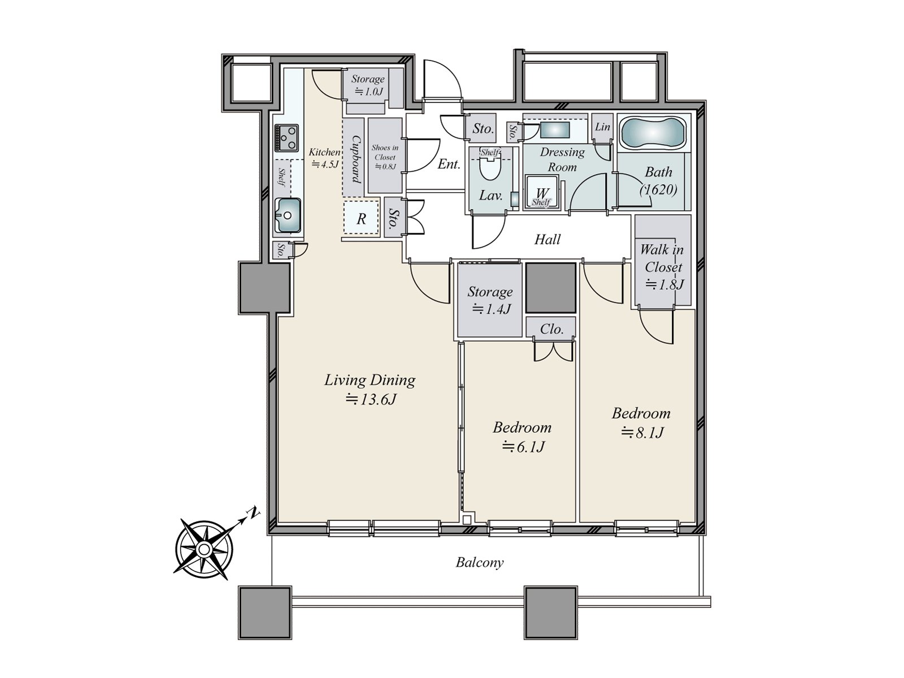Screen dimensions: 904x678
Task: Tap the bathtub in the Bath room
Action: (x=653, y=133)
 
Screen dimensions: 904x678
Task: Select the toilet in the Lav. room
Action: (x=490, y=169)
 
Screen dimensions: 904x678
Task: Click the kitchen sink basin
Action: (x=288, y=215)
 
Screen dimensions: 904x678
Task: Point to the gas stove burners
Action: (x=286, y=138)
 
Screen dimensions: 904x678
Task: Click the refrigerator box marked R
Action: (x=361, y=218)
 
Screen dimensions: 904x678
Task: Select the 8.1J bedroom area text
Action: (x=642, y=433)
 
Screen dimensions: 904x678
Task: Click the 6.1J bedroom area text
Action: (x=523, y=447)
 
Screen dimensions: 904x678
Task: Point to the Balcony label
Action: (x=479, y=563)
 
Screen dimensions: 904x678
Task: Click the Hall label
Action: (x=547, y=239)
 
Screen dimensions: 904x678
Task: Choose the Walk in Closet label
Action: (x=662, y=258)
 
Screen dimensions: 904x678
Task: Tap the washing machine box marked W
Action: (x=542, y=193)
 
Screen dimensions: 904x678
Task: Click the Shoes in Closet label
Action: (x=385, y=153)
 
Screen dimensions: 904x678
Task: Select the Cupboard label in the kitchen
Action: (x=356, y=159)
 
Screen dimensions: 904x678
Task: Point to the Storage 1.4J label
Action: (x=490, y=300)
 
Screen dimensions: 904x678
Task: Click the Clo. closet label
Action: (x=551, y=329)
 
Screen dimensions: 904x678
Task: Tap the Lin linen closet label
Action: (x=602, y=127)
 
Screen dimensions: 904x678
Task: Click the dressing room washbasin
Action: (x=555, y=130)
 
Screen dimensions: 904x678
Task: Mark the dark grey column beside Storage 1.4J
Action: (x=551, y=288)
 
